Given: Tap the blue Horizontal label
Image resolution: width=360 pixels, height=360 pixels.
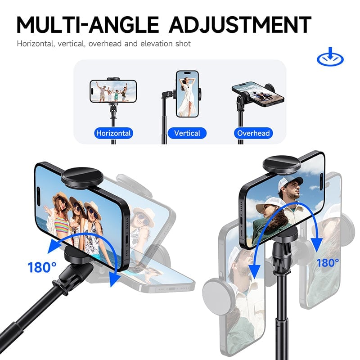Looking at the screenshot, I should (x=113, y=133).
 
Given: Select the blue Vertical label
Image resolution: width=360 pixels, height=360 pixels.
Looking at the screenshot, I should (x=187, y=133).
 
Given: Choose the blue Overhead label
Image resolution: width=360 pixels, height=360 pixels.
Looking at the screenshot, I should (x=253, y=133).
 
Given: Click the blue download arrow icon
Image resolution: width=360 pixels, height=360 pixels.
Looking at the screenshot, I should (x=330, y=58).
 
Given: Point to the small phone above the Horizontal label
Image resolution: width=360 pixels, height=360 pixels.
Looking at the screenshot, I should (x=113, y=91).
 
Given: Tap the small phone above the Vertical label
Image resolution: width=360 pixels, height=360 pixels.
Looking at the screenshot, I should (x=187, y=94).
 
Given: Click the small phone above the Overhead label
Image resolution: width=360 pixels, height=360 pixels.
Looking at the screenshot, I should (x=258, y=94).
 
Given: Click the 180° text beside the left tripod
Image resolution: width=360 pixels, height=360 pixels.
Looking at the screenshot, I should (x=42, y=267).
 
